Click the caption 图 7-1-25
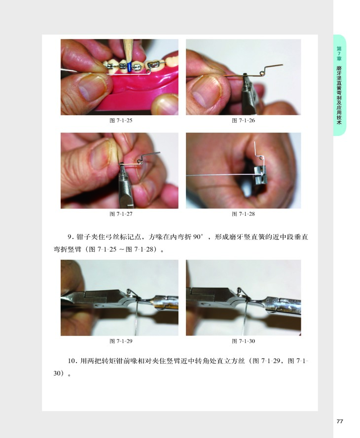[x=121, y=120]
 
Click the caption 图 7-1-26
[x=244, y=120]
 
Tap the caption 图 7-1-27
[x=121, y=214]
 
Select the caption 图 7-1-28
[x=244, y=214]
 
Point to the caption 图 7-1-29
[x=121, y=341]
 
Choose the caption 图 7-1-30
[x=244, y=341]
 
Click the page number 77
[x=340, y=421]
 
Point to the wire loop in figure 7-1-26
[x=262, y=73]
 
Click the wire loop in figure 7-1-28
[x=261, y=158]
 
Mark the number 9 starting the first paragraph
[x=70, y=237]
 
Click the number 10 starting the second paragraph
[x=72, y=361]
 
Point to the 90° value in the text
[x=198, y=237]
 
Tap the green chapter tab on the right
[x=339, y=85]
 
